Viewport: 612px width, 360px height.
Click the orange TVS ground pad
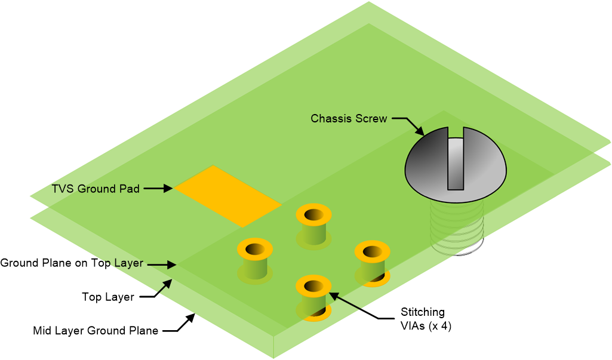pyautogui.click(x=227, y=196)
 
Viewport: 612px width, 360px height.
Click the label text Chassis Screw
pyautogui.click(x=349, y=119)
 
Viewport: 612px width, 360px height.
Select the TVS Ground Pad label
pyautogui.click(x=96, y=189)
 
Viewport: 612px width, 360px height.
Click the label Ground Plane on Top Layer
pyautogui.click(x=72, y=263)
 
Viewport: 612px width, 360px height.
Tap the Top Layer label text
pyautogui.click(x=108, y=297)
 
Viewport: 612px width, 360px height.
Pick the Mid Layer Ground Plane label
pyautogui.click(x=96, y=331)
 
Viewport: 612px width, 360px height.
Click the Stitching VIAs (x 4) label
pyautogui.click(x=426, y=319)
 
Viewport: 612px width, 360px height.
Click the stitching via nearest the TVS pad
pyautogui.click(x=314, y=226)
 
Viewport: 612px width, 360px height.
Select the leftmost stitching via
pyautogui.click(x=255, y=261)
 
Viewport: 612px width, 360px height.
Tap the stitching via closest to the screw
pyautogui.click(x=372, y=263)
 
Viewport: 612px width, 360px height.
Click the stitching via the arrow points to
pyautogui.click(x=314, y=299)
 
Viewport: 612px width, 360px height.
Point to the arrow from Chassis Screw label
pyautogui.click(x=408, y=126)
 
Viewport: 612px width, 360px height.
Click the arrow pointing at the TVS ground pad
pyautogui.click(x=158, y=189)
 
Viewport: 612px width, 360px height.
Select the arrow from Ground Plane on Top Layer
pyautogui.click(x=162, y=264)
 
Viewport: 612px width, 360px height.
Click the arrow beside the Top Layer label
pyautogui.click(x=156, y=288)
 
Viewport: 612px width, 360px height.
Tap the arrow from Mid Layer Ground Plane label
pyautogui.click(x=179, y=322)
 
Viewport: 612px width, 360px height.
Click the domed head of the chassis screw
pyautogui.click(x=456, y=165)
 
